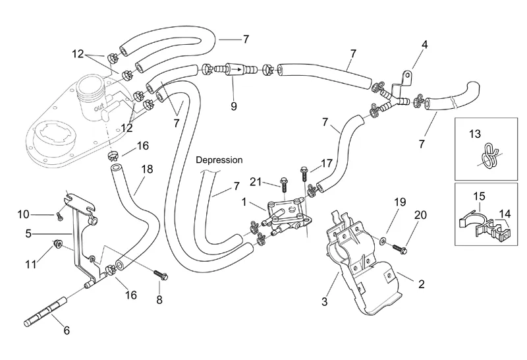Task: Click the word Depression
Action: [219, 160]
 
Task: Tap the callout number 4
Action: [425, 45]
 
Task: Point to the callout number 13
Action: [475, 134]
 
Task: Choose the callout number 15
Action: [478, 196]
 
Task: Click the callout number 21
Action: [256, 181]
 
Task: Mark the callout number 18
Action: [147, 169]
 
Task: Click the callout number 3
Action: [324, 302]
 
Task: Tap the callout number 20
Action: [420, 216]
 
